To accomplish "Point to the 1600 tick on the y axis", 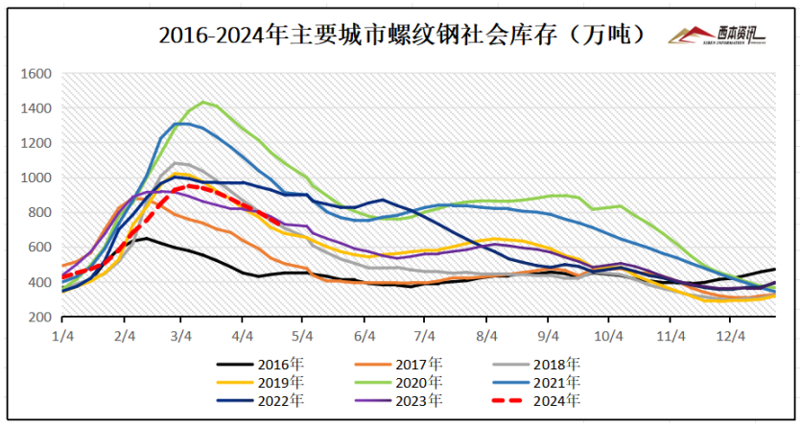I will pyautogui.click(x=35, y=74).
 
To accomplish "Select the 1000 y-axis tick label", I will pyautogui.click(x=35, y=178).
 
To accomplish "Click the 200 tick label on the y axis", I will pyautogui.click(x=39, y=318).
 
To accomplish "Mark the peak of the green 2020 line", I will pyautogui.click(x=202, y=102).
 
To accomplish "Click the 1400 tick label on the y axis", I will pyautogui.click(x=35, y=108).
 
